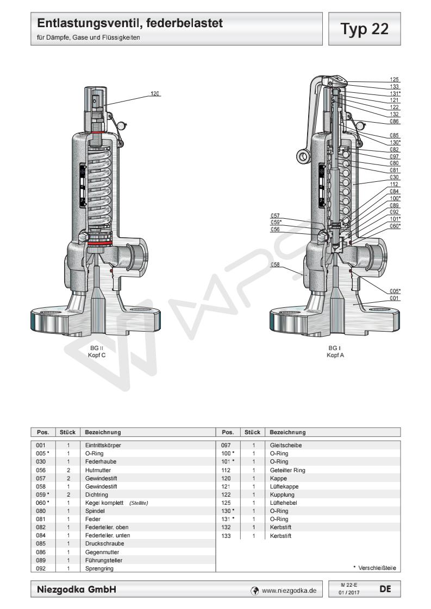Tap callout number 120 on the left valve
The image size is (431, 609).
click(155, 93)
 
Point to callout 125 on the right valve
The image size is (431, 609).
click(395, 80)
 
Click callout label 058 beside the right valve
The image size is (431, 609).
click(276, 265)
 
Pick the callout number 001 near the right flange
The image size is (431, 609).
click(395, 299)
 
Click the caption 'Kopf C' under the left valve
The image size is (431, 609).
click(97, 355)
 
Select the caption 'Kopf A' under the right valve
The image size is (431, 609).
click(336, 355)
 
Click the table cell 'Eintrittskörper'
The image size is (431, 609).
click(103, 445)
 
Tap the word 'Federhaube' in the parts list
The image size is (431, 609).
click(101, 461)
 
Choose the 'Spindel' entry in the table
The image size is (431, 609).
click(95, 510)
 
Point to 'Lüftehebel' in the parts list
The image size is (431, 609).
click(283, 502)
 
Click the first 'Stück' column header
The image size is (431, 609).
click(68, 433)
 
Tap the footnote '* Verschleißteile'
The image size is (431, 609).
click(374, 568)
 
